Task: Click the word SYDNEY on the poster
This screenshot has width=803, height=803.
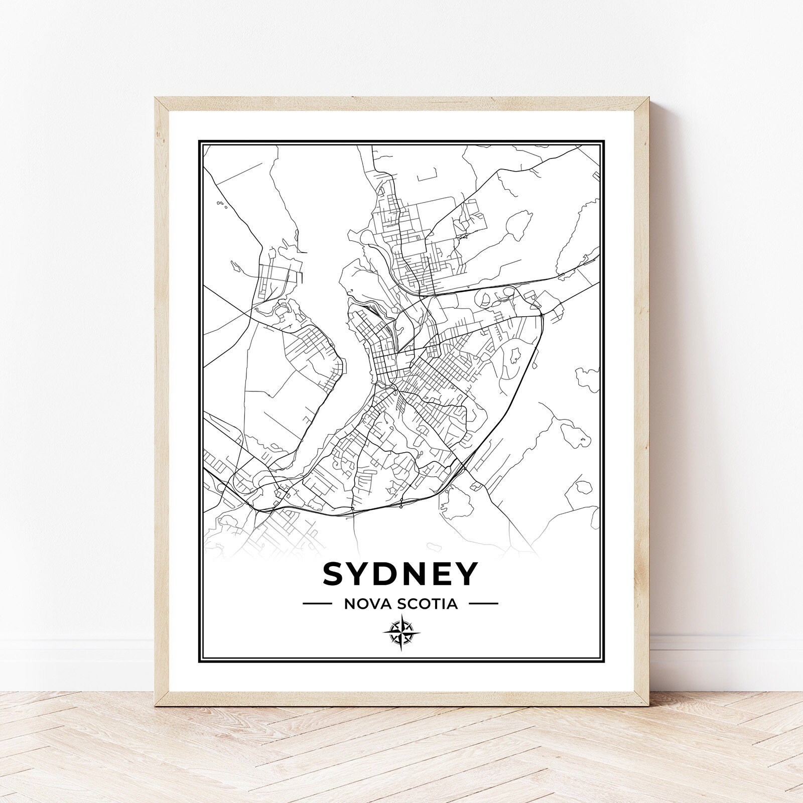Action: (x=399, y=573)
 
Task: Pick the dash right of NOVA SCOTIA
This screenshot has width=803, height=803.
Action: (x=485, y=604)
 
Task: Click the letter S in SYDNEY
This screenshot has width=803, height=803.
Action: (x=336, y=573)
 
